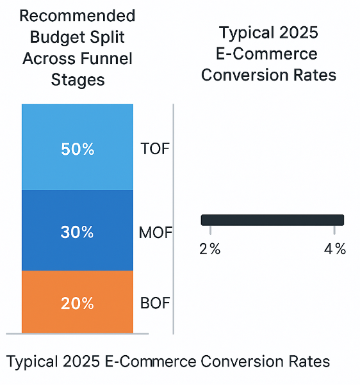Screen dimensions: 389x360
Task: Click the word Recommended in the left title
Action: coord(78,15)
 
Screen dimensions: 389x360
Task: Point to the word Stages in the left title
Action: coord(78,81)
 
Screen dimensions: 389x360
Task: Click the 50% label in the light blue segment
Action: coord(78,149)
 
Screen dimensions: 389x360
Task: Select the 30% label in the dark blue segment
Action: coord(78,233)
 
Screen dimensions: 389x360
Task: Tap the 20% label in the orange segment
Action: coord(78,303)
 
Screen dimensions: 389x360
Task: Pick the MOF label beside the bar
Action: coord(156,233)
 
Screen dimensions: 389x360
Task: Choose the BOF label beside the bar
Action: coord(155,303)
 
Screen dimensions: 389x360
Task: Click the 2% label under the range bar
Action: coord(209,250)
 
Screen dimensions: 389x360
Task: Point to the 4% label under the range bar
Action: coord(335,250)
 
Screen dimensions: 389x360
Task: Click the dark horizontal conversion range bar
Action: coord(272,220)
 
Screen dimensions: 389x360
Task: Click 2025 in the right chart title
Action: coord(295,33)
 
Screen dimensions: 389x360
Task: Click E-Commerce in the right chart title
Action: coord(268,54)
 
